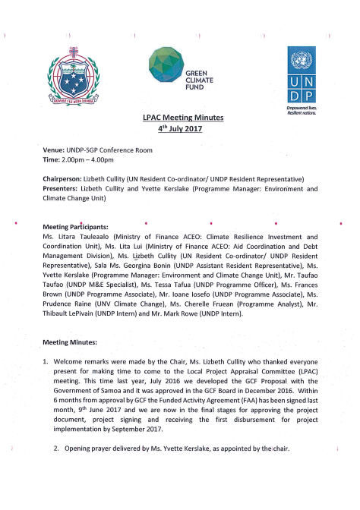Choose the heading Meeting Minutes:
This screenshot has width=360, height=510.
69,342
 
